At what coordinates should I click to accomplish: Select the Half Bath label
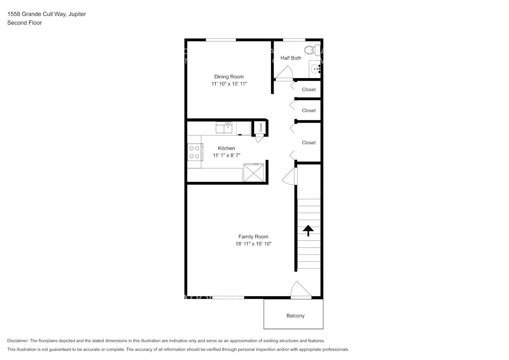coord(291,58)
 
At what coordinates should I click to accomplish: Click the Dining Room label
coord(229,77)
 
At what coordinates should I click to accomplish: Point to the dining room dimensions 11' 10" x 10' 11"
coord(229,84)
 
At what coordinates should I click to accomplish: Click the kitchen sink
coord(224,127)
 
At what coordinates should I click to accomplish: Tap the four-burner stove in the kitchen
coord(195,152)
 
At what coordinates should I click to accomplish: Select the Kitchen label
coord(226,148)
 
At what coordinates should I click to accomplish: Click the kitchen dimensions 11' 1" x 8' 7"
coord(226,156)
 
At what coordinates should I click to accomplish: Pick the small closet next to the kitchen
coord(260,127)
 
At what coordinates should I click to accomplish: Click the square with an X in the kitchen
coord(253,173)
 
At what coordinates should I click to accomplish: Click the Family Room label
coord(253,237)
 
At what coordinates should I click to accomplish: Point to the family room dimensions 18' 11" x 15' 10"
coord(253,244)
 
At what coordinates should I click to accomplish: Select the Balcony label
coord(295,316)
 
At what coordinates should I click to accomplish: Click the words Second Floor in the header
coord(24,23)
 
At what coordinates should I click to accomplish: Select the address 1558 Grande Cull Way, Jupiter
coord(46,14)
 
